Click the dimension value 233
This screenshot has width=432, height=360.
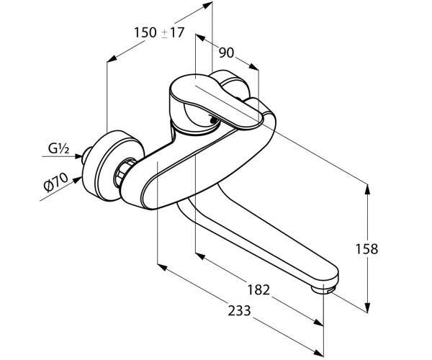click(239, 311)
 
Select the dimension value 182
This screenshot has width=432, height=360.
click(258, 289)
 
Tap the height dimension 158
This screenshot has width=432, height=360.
click(366, 249)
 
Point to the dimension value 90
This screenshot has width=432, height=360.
click(226, 53)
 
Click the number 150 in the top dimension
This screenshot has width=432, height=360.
click(145, 32)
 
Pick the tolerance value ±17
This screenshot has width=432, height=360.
click(172, 32)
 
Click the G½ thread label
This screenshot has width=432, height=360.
click(58, 149)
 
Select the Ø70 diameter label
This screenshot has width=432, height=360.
click(56, 182)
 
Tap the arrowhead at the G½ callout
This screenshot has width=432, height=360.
click(78, 156)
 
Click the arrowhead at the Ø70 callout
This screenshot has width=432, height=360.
click(78, 179)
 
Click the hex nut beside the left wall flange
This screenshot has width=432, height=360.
click(122, 174)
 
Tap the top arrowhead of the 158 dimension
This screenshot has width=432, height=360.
click(367, 189)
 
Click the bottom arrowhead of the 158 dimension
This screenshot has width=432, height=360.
click(367, 307)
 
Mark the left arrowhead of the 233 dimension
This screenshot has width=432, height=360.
click(162, 266)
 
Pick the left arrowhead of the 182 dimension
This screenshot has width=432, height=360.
click(200, 256)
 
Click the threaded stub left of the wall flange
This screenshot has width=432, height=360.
click(86, 156)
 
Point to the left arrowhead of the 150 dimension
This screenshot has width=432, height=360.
click(112, 58)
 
